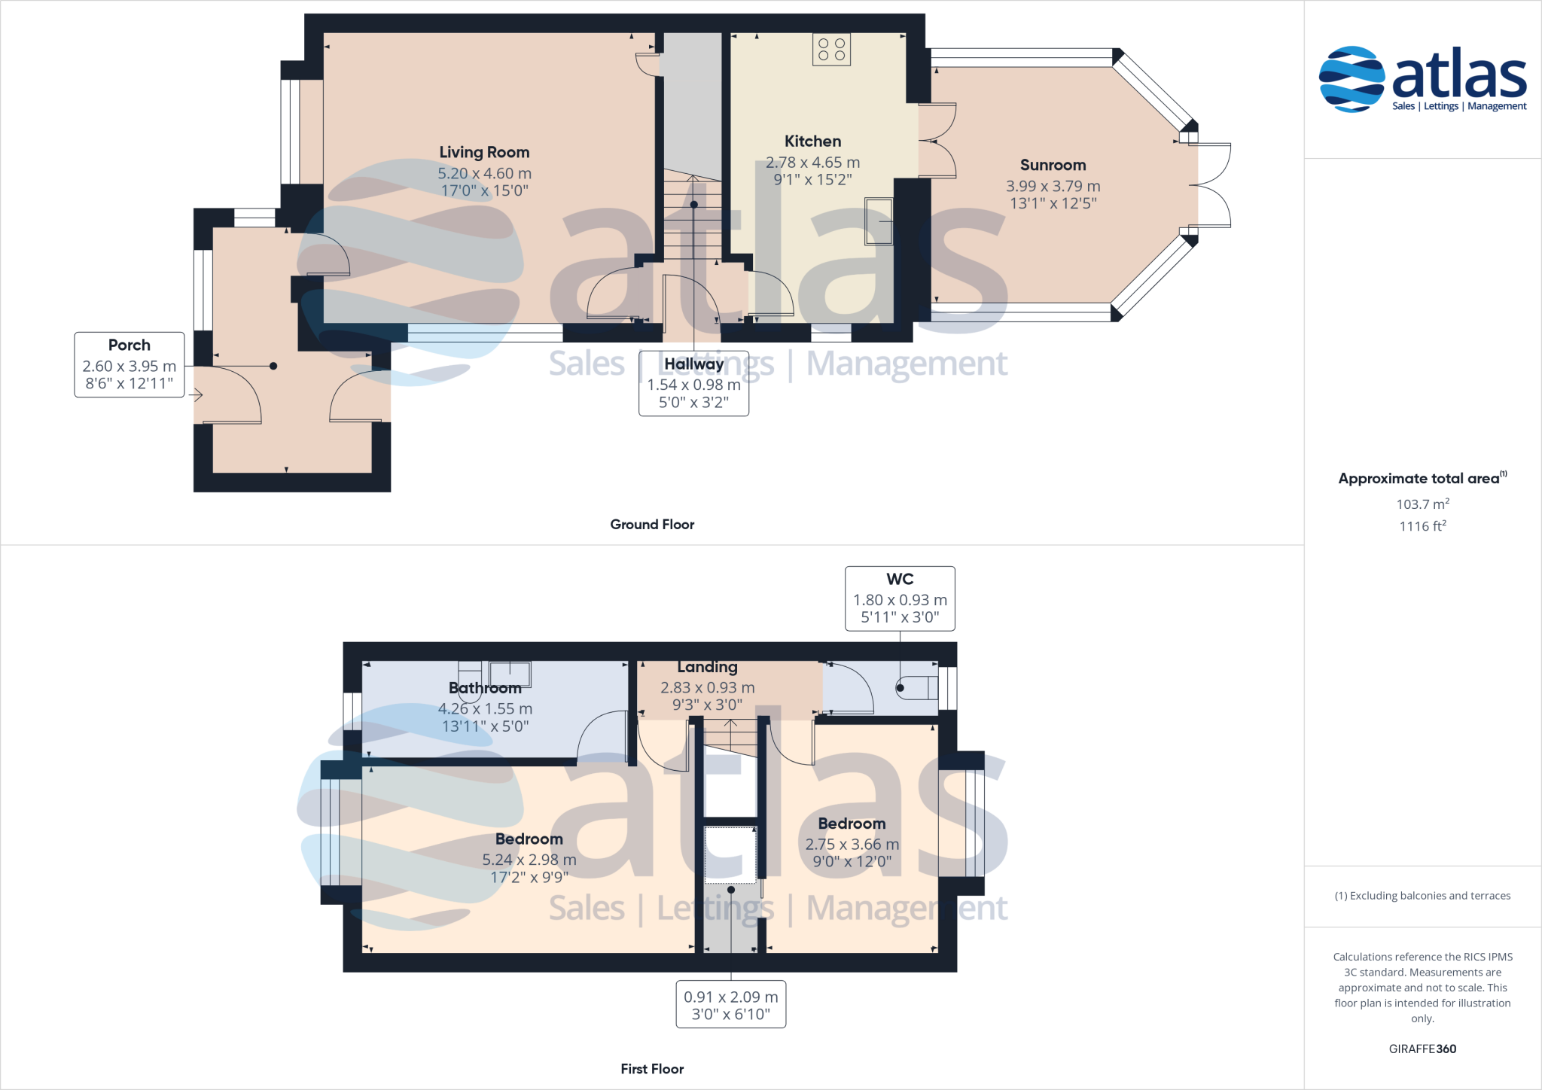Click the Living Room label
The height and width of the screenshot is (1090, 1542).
(484, 152)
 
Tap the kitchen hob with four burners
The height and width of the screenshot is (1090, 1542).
(831, 50)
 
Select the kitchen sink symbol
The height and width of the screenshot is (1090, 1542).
(879, 221)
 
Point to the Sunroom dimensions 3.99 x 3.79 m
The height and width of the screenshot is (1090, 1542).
(1053, 186)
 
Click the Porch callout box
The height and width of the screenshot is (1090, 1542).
(130, 364)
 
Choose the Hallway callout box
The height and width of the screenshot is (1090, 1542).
(693, 383)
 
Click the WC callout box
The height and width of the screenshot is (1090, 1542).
(900, 598)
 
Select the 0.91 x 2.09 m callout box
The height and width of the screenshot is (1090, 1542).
(730, 1004)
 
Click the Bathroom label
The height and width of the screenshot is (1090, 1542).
(485, 688)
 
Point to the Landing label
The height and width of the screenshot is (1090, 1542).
(707, 667)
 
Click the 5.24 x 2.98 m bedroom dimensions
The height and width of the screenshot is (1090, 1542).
(529, 860)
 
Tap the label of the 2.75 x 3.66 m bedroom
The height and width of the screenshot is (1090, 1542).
(852, 824)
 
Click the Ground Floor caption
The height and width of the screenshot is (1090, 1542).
(652, 525)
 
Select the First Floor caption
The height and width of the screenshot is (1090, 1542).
(652, 1069)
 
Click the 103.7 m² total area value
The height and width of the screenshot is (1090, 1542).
(1422, 504)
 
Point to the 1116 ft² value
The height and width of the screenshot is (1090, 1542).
(1422, 526)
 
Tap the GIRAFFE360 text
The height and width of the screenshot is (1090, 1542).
(1422, 1049)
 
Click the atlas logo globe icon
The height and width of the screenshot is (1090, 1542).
(1352, 79)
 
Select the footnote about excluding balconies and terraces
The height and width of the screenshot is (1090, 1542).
(1422, 896)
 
